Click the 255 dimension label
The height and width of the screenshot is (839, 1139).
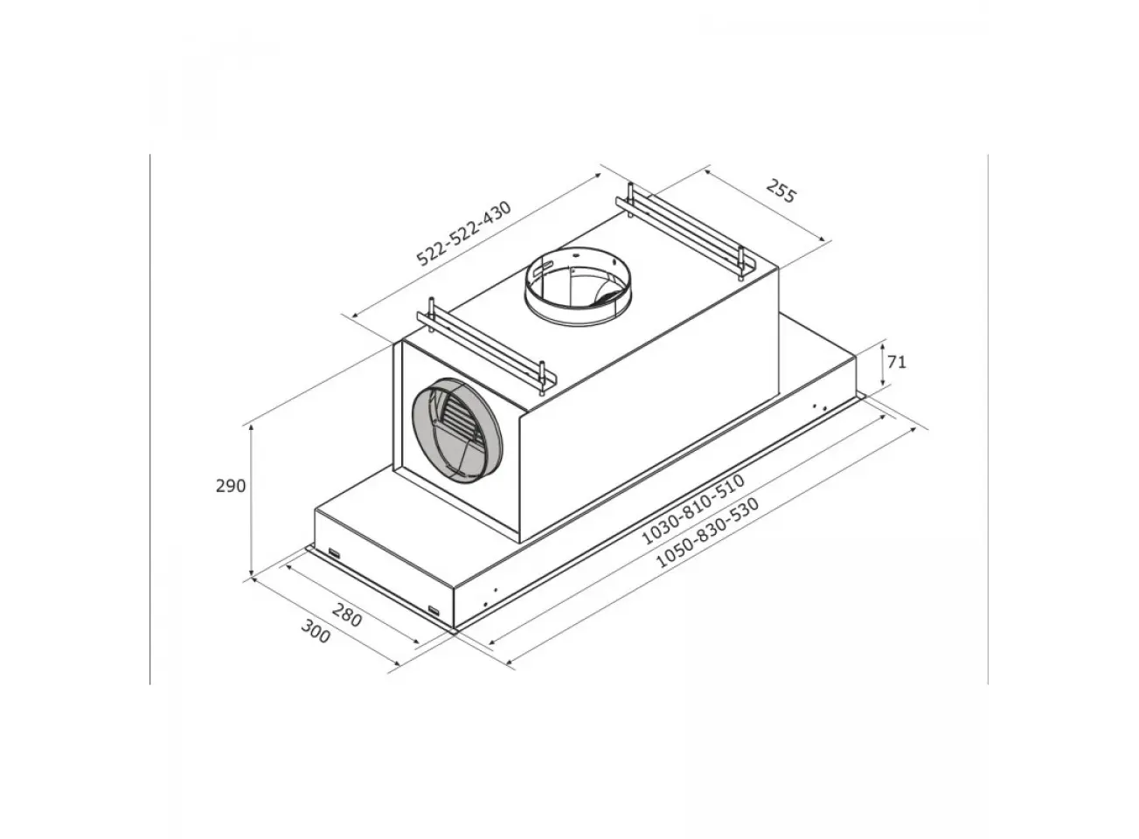click(781, 191)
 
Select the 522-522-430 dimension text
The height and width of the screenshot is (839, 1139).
click(464, 233)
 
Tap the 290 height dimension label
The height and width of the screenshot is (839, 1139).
click(231, 486)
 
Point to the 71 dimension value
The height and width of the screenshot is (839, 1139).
click(897, 363)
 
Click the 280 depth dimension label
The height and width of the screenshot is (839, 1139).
click(347, 614)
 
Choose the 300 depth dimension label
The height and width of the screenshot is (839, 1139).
click(316, 631)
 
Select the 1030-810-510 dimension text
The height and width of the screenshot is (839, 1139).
click(693, 509)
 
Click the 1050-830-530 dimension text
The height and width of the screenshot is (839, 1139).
click(708, 532)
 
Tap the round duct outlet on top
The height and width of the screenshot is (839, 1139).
click(578, 284)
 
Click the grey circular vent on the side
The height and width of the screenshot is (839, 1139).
click(457, 431)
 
